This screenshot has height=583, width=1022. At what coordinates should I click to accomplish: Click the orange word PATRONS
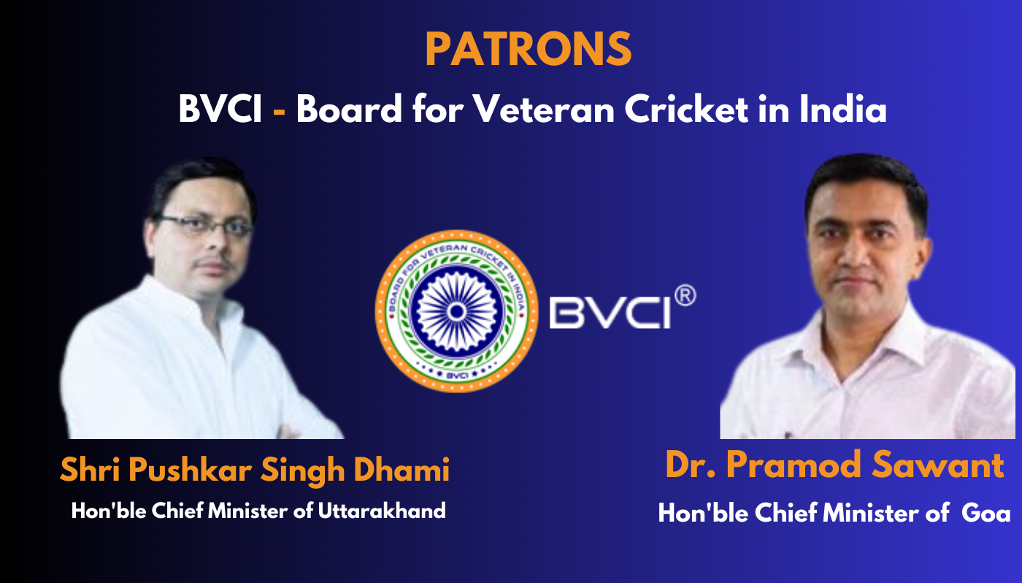click(529, 49)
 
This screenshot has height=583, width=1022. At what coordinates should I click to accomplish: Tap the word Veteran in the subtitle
click(544, 109)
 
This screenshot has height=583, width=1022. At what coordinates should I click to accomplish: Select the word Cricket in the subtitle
click(685, 109)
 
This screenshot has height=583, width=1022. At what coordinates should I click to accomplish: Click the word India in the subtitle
click(842, 109)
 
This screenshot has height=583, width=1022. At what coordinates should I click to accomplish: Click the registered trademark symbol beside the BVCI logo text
click(685, 296)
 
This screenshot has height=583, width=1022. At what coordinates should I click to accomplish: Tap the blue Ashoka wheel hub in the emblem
click(456, 312)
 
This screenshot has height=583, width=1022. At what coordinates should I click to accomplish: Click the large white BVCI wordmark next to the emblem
click(610, 313)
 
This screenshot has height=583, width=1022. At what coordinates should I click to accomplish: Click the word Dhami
click(401, 470)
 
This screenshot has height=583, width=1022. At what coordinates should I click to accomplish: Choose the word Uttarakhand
click(381, 511)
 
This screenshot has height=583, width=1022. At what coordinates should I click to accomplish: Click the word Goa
click(986, 513)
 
